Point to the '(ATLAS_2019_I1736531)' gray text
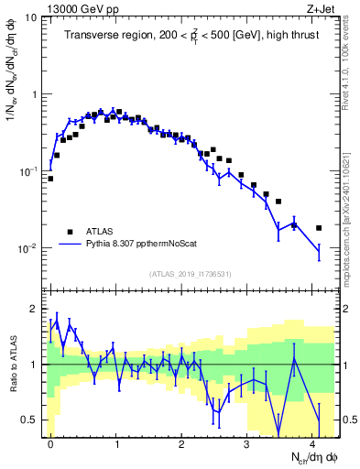point(191,274)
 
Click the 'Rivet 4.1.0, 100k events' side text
point(349,62)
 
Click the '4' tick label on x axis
point(314,442)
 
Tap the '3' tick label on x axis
point(248,442)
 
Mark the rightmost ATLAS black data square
point(319,228)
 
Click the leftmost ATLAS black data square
point(50,179)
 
